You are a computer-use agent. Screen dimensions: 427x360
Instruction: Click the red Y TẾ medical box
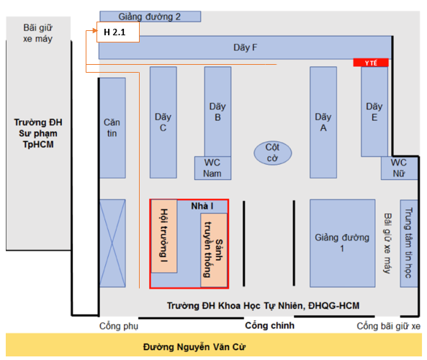371,63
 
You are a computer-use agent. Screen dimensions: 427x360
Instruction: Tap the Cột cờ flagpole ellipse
273,153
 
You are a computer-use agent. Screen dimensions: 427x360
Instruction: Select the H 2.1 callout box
118,32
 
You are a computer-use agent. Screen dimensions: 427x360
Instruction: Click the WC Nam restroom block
212,168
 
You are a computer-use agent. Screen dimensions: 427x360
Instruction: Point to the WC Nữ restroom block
399,168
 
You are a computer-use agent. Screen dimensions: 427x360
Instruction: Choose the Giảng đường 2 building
150,17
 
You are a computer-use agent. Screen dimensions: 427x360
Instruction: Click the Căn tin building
112,128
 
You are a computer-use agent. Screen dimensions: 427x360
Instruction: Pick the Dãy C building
163,122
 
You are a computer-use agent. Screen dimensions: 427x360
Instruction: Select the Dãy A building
323,122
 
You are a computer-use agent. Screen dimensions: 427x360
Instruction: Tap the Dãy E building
374,112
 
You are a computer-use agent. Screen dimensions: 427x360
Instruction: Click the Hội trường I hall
164,236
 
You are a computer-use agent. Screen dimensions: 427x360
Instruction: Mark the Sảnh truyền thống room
214,250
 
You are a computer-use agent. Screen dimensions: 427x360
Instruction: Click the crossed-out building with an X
112,243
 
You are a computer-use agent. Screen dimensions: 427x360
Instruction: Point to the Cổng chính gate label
269,325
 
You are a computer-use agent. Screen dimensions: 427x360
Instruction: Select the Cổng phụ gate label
119,326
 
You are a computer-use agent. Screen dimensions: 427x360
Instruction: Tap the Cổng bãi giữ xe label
389,326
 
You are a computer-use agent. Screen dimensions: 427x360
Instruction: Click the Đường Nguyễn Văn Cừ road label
194,347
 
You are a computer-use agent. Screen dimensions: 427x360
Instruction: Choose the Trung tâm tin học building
409,243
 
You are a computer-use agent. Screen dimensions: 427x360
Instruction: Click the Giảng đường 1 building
342,243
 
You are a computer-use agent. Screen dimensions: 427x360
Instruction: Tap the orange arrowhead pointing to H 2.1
95,30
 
